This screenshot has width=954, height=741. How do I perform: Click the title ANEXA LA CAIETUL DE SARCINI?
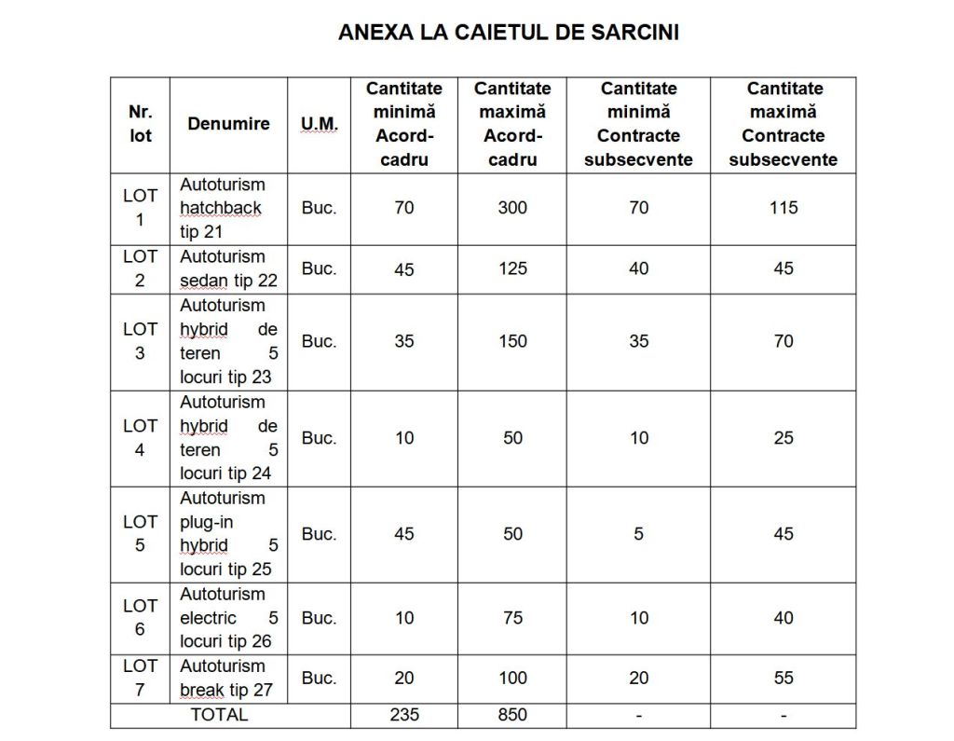(x=508, y=33)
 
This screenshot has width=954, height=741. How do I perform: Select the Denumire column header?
(x=228, y=124)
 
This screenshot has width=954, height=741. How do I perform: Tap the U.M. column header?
(x=319, y=124)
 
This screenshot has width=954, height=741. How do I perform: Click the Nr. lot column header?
(x=140, y=124)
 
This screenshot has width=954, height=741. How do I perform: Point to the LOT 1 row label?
(x=140, y=208)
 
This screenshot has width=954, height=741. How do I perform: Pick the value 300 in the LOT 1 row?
(x=512, y=208)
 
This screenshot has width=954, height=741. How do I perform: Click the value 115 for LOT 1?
(x=784, y=208)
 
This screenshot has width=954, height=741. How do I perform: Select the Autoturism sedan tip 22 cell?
(x=228, y=268)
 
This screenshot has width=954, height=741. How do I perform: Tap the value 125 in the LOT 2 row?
(x=512, y=268)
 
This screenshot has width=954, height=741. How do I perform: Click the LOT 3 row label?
(x=140, y=341)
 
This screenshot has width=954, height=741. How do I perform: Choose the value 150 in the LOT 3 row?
(x=512, y=341)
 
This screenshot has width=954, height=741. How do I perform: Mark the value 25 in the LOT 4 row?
(x=784, y=438)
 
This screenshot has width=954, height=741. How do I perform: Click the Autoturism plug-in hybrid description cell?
(x=228, y=534)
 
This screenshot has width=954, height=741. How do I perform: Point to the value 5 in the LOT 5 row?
(x=638, y=534)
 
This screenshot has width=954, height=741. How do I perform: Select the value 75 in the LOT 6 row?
(x=512, y=618)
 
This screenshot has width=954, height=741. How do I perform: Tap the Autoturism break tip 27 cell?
(x=228, y=679)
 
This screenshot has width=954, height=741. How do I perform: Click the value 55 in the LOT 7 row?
(x=784, y=679)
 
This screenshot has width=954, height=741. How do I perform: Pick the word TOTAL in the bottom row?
(x=219, y=715)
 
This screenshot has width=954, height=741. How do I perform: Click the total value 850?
(x=512, y=715)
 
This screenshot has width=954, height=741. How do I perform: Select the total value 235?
(x=404, y=715)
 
